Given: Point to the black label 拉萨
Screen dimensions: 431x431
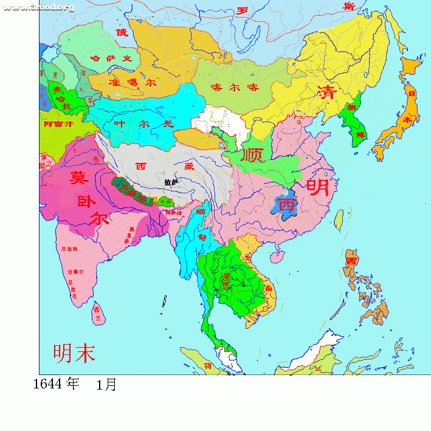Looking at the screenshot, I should [171, 182].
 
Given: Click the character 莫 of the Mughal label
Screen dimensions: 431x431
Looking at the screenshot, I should [77, 178].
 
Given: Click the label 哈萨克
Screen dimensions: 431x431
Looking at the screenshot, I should [111, 58].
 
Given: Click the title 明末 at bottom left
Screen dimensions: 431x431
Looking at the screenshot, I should [74, 353].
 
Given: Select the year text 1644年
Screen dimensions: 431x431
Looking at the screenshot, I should [56, 384].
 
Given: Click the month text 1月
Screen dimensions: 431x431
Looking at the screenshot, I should [106, 385].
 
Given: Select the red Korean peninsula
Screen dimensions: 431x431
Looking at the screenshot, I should [355, 125].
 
